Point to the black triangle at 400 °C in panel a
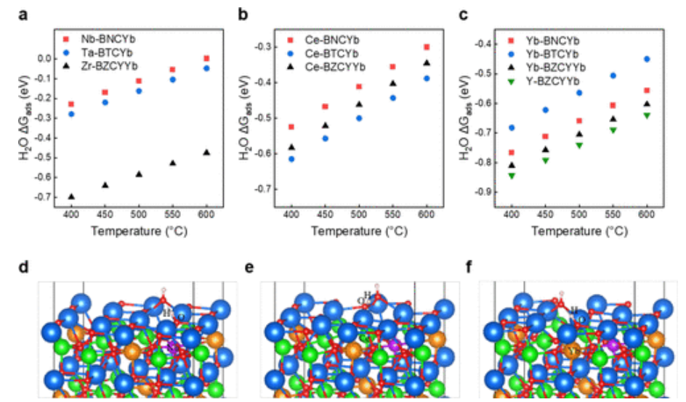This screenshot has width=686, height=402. tap(71, 197)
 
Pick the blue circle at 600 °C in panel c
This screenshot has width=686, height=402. tap(647, 59)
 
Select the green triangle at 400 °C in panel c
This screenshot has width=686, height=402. tap(512, 176)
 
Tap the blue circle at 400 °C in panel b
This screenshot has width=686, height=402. tap(291, 159)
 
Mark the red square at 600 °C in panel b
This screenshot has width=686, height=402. tap(427, 47)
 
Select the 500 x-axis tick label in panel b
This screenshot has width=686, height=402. tap(359, 218)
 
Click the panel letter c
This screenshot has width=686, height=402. tap(464, 15)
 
